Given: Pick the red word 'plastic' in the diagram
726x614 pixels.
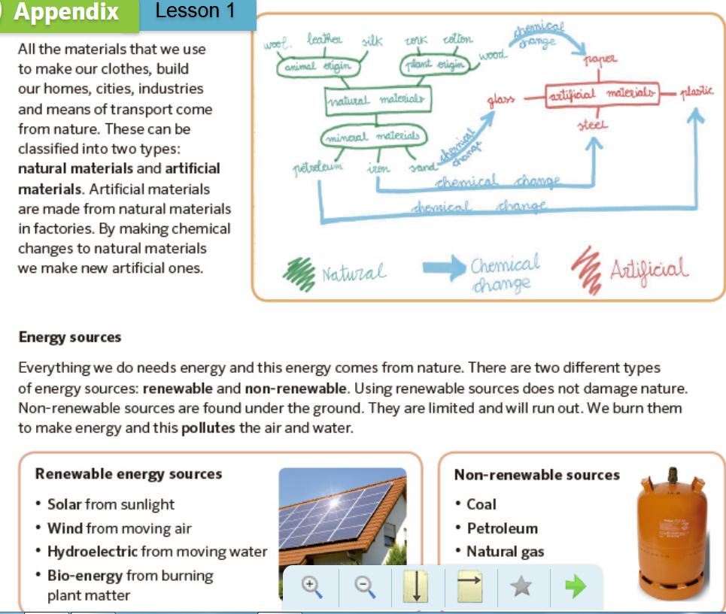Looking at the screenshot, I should (x=696, y=92).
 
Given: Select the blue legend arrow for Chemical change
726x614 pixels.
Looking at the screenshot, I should (x=444, y=269).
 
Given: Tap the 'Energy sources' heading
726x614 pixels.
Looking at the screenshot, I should (x=69, y=337).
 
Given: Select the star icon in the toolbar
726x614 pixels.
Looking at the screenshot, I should (x=518, y=586).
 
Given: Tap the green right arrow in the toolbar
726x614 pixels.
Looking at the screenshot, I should (x=575, y=586).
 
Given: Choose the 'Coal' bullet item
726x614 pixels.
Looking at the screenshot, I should (x=481, y=504).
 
